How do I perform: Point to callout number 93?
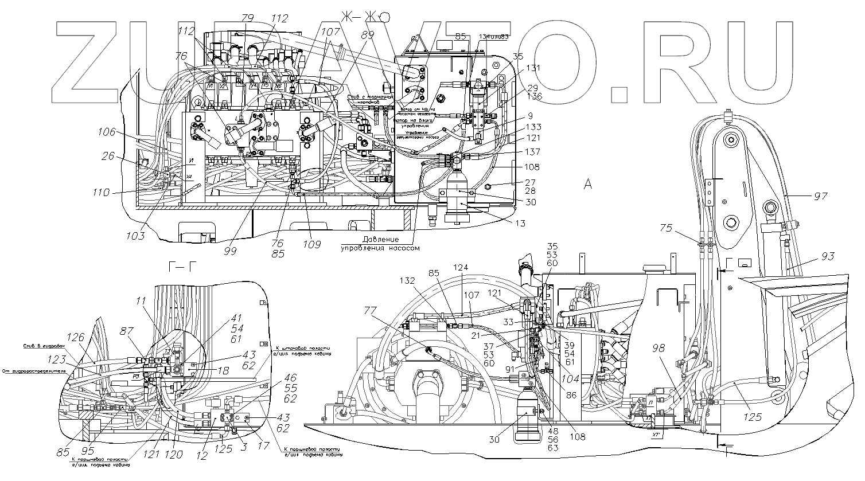click(827, 256)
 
